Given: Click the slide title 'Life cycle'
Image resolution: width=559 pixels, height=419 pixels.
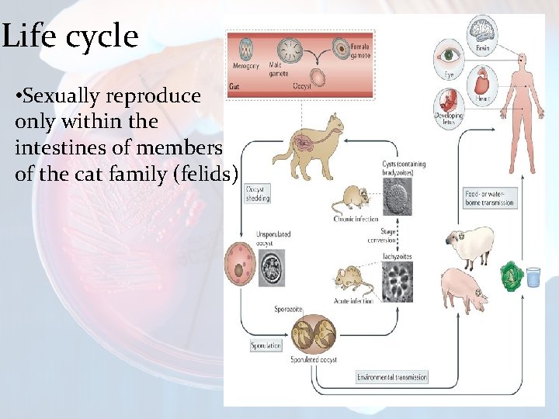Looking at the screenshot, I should pyautogui.click(x=70, y=36).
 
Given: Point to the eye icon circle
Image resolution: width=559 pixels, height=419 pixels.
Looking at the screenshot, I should pyautogui.click(x=449, y=57).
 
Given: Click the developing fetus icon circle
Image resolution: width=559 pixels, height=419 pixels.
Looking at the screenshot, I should pyautogui.click(x=449, y=105).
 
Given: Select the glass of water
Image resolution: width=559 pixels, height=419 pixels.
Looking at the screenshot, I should pyautogui.click(x=533, y=277).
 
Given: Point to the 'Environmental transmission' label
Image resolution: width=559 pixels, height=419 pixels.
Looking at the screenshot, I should pyautogui.click(x=392, y=377).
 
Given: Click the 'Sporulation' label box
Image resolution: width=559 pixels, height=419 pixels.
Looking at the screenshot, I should pyautogui.click(x=266, y=345).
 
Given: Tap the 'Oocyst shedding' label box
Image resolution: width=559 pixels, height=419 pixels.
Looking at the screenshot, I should pyautogui.click(x=258, y=194).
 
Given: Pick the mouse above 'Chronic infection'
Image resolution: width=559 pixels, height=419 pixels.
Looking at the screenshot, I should pyautogui.click(x=350, y=199).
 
